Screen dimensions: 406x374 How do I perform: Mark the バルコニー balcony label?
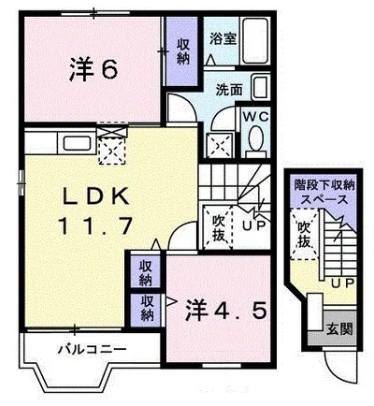pyautogui.click(x=88, y=352)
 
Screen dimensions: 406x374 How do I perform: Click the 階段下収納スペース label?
pyautogui.click(x=321, y=192)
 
